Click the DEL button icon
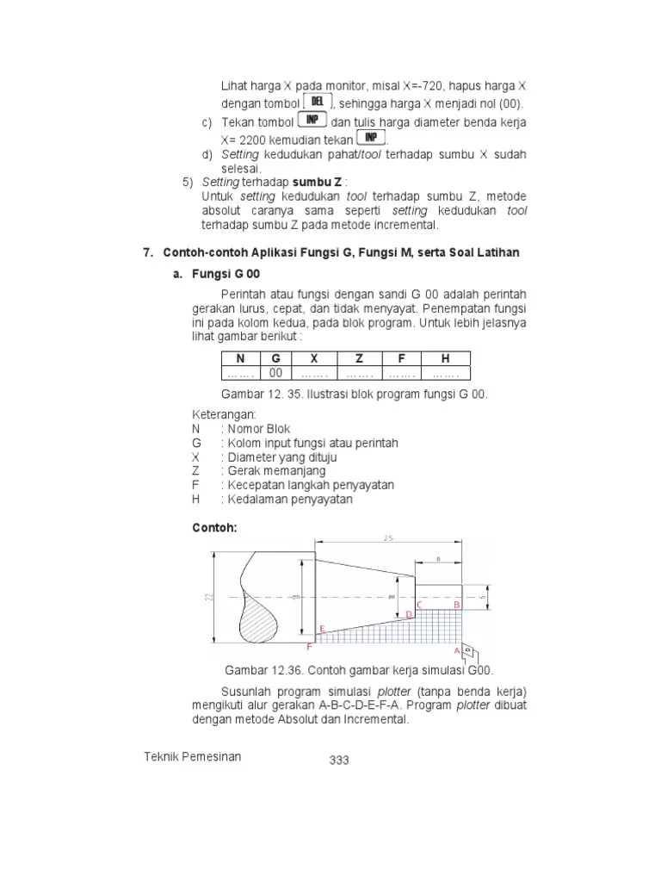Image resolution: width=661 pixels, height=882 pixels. [318, 102]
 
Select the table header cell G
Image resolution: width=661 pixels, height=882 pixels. [275, 358]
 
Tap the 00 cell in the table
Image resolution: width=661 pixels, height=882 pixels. [275, 373]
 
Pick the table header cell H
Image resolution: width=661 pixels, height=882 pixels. [445, 358]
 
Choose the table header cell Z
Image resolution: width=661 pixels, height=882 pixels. [359, 358]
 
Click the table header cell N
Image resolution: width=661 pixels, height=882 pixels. [240, 358]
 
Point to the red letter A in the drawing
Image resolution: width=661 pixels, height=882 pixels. [457, 650]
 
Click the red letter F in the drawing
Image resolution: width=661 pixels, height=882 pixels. [309, 645]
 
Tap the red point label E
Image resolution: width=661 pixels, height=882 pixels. [322, 629]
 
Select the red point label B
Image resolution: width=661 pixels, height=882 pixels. [458, 606]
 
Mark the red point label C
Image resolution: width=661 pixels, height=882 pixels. [419, 605]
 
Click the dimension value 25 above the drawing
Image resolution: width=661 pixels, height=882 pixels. [389, 538]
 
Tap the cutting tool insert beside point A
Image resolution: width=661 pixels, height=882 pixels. [468, 649]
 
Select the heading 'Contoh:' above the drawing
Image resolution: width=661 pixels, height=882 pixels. [213, 526]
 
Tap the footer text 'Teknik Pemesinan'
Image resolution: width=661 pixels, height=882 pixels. [193, 756]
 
